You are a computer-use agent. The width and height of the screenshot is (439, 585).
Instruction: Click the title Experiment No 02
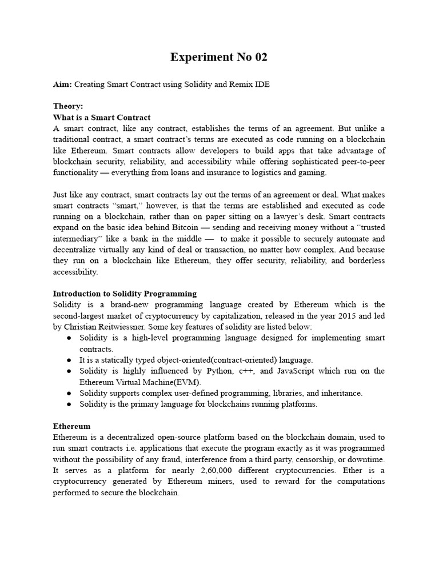pyautogui.click(x=219, y=57)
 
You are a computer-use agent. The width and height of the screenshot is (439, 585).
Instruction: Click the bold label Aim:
pyautogui.click(x=62, y=85)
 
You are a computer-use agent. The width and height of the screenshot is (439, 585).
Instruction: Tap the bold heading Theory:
pyautogui.click(x=68, y=106)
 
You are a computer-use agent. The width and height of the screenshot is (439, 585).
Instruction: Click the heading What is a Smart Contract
pyautogui.click(x=102, y=117)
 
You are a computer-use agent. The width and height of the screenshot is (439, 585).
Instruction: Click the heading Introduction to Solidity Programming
pyautogui.click(x=125, y=294)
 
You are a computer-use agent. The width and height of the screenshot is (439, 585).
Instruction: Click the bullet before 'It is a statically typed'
pyautogui.click(x=69, y=360)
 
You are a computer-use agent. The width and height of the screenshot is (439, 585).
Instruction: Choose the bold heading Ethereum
pyautogui.click(x=71, y=426)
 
